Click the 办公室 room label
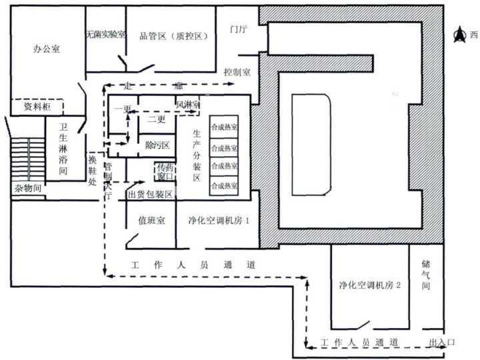pos(46,49)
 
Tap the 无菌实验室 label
pos(106,34)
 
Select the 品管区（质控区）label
pos(173,36)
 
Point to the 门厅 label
pos(239,29)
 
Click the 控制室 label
pos(237,72)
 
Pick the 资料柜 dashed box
pos(37,107)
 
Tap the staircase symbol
pos(28,159)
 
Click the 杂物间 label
pos(28,188)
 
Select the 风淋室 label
pos(187,105)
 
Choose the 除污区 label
pos(157,145)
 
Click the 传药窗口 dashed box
pos(165,172)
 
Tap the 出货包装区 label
pos(150,195)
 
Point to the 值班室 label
pos(151,220)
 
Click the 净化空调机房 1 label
pos(219,220)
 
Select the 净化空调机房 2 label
pos(370,285)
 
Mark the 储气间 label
pos(426,275)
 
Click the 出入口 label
pos(442,342)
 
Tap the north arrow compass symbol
pos(459,34)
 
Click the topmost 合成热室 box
pos(224,127)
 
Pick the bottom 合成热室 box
pos(224,186)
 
